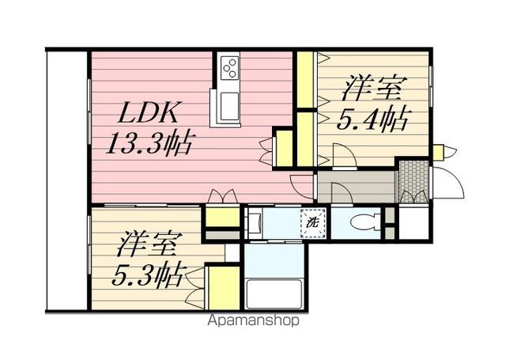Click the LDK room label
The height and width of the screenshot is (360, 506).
[x=148, y=112]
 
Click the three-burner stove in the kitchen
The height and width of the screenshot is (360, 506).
[x=229, y=67]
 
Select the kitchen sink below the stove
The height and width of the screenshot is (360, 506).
[x=229, y=106]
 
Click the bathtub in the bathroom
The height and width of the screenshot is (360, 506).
[x=274, y=294]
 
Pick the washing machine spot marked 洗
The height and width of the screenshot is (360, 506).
[x=313, y=223]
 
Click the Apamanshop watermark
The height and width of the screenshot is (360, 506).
[x=254, y=320]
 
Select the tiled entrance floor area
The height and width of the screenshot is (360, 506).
[x=413, y=181]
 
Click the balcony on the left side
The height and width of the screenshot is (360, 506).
[x=67, y=180]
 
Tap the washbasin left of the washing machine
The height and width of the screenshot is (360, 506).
[x=254, y=223]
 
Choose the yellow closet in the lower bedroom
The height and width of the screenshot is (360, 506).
[x=223, y=288]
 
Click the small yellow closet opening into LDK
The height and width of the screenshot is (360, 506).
[x=285, y=149]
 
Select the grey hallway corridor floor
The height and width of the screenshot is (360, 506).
[x=357, y=188]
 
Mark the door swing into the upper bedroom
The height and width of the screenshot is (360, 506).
[x=345, y=155]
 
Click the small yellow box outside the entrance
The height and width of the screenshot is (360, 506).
[x=437, y=152]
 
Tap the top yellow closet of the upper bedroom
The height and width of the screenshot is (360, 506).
[x=305, y=79]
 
